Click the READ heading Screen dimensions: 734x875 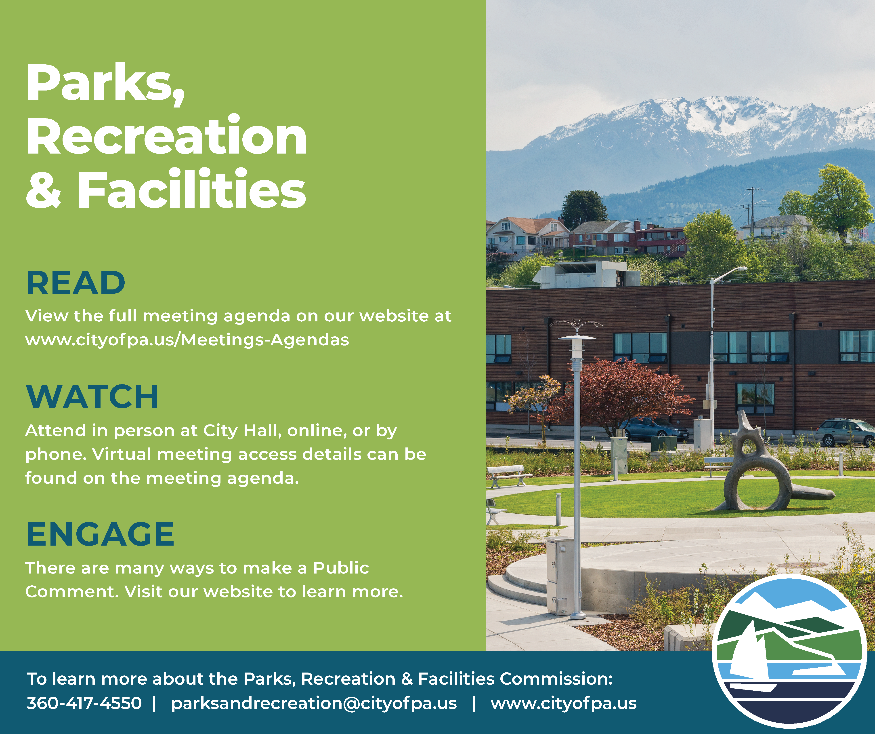click(76, 283)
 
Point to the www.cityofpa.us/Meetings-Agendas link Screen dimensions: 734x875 click(187, 340)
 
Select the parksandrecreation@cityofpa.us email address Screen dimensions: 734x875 click(314, 703)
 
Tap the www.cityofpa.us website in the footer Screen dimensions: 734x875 click(563, 703)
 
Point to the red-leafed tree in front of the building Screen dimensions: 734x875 click(625, 392)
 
